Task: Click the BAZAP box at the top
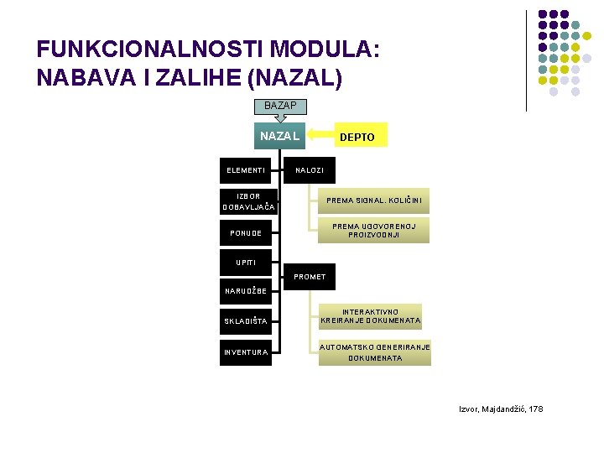point(280,106)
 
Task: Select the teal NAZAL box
point(279,136)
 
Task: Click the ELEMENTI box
point(247,170)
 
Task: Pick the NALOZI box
point(310,169)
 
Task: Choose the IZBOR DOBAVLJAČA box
point(249,201)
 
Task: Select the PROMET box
point(310,276)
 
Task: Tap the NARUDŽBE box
point(247,291)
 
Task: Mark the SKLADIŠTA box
point(247,321)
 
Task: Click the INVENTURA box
point(247,351)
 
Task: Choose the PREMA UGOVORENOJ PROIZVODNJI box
point(374,230)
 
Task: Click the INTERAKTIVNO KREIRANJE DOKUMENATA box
point(371,315)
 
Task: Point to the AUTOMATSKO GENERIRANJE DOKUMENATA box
point(374,352)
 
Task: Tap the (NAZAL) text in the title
point(293,77)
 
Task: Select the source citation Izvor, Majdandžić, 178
point(500,409)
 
